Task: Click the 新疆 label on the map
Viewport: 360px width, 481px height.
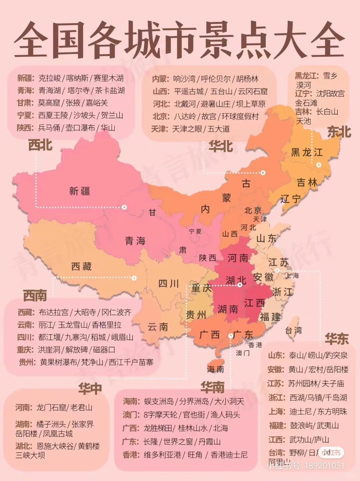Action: tap(79, 191)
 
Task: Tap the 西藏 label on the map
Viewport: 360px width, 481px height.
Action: tap(81, 266)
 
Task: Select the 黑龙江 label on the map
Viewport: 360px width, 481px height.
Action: tap(307, 152)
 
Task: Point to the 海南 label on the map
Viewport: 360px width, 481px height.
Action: tap(215, 369)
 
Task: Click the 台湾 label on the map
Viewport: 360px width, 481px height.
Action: tap(293, 330)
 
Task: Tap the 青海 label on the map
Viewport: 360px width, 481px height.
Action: tap(135, 241)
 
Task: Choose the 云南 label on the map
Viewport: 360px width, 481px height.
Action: tap(158, 327)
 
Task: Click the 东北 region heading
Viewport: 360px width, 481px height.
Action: tap(339, 132)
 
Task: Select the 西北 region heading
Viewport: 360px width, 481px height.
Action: tap(40, 145)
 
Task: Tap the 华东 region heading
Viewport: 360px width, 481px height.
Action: tap(337, 339)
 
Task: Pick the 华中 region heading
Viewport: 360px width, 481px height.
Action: tap(90, 389)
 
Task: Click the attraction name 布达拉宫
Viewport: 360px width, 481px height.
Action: tap(53, 312)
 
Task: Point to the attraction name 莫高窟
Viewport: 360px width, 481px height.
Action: tap(49, 103)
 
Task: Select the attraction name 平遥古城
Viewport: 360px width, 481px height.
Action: tap(189, 91)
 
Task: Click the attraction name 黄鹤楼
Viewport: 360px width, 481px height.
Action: tap(89, 446)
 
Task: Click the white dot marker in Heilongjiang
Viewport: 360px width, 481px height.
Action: tap(319, 165)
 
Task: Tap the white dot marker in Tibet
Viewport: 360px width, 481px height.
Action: tap(134, 278)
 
